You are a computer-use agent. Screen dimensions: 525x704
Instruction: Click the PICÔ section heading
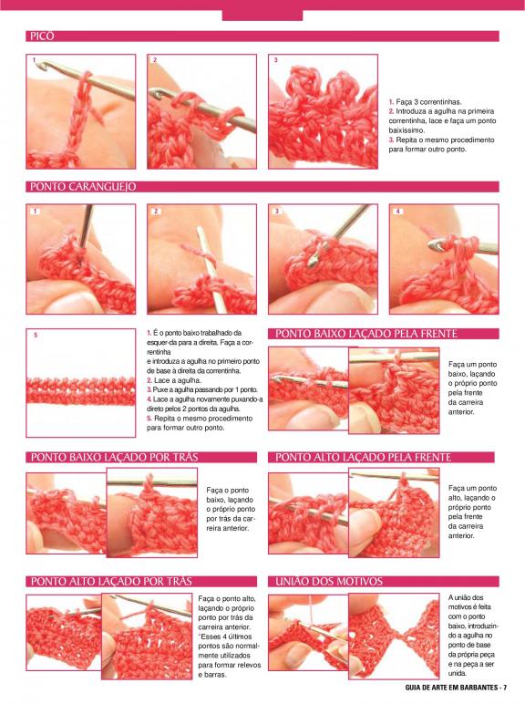pyautogui.click(x=42, y=36)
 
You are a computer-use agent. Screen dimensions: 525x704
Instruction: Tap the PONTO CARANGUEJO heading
pyautogui.click(x=83, y=187)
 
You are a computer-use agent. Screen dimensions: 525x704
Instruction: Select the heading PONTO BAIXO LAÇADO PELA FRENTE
pyautogui.click(x=366, y=334)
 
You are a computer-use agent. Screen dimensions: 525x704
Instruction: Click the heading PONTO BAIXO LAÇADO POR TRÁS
pyautogui.click(x=115, y=457)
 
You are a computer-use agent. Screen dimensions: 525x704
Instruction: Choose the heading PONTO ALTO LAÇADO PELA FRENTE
pyautogui.click(x=363, y=457)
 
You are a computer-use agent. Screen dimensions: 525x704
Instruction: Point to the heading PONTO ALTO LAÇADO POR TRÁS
pyautogui.click(x=111, y=582)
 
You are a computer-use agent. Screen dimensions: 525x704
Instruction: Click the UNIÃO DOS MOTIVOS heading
pyautogui.click(x=329, y=582)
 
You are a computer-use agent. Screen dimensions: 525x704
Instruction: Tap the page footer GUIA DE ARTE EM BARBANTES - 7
pyautogui.click(x=456, y=688)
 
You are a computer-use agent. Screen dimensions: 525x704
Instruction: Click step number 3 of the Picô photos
pyautogui.click(x=275, y=59)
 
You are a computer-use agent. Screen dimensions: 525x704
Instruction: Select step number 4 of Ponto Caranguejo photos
pyautogui.click(x=397, y=211)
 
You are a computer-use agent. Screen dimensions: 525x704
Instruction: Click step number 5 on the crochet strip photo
pyautogui.click(x=36, y=335)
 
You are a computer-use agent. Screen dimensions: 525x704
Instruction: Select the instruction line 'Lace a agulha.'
pyautogui.click(x=174, y=380)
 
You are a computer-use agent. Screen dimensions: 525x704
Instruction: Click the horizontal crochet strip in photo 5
pyautogui.click(x=81, y=391)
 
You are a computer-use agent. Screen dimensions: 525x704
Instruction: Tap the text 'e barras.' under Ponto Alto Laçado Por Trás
pyautogui.click(x=212, y=675)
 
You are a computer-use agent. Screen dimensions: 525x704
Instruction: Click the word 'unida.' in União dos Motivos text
pyautogui.click(x=458, y=673)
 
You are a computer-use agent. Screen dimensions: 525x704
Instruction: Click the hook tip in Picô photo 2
pyautogui.click(x=156, y=93)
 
